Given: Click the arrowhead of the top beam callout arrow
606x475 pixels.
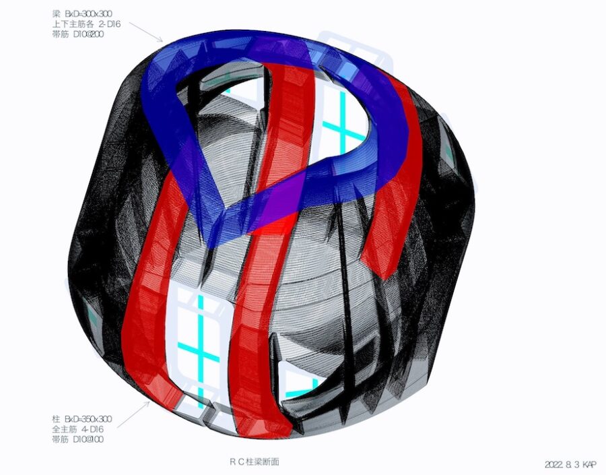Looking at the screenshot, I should pos(162,40).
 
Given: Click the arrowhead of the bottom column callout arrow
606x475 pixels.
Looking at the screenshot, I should pos(149,402).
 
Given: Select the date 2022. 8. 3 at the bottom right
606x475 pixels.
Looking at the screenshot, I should pos(562,464).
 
